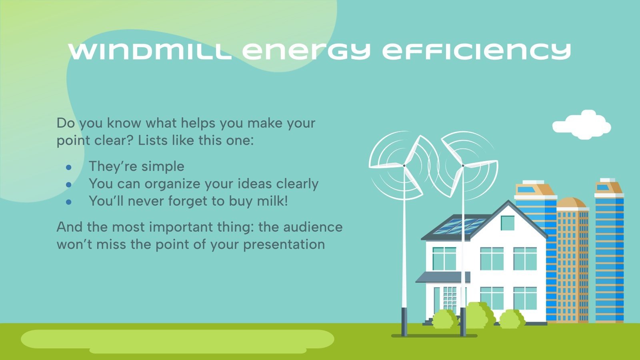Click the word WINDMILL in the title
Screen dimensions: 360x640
150,51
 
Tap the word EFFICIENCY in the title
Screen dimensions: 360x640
476,51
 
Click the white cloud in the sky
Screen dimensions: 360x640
582,126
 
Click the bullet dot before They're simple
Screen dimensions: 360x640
69,167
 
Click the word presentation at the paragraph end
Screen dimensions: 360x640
284,244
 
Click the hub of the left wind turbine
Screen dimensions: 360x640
404,165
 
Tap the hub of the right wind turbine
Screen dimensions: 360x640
463,165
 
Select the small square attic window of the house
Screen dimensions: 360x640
507,223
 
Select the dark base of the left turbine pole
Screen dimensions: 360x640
404,322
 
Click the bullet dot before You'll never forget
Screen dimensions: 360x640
69,202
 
